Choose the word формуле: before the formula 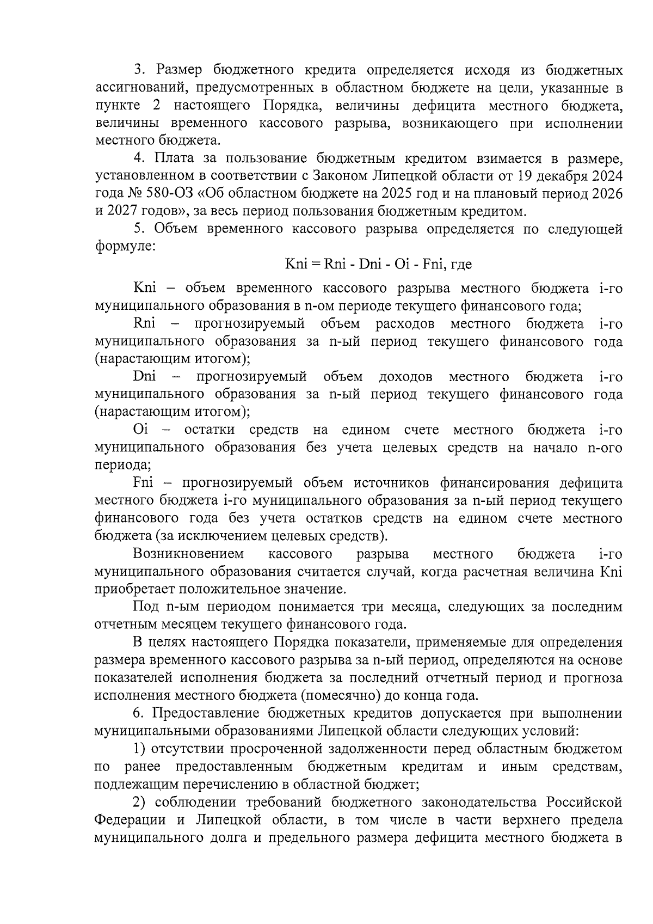click(x=126, y=247)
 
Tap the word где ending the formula click(x=461, y=265)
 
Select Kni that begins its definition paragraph click(x=145, y=288)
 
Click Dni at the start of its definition click(x=145, y=377)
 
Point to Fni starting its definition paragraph click(x=144, y=483)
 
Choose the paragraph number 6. click(x=139, y=714)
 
